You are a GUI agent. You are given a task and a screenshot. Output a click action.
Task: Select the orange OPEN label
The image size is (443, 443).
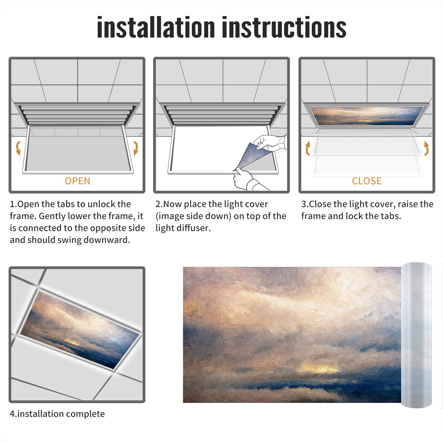78,181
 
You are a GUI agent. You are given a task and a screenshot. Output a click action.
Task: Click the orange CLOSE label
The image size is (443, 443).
367,181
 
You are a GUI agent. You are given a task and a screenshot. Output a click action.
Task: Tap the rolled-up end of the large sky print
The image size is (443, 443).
416,335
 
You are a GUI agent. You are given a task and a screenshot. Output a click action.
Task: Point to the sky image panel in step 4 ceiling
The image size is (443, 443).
80,329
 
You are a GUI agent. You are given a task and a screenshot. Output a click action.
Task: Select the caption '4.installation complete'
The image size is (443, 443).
57,414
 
